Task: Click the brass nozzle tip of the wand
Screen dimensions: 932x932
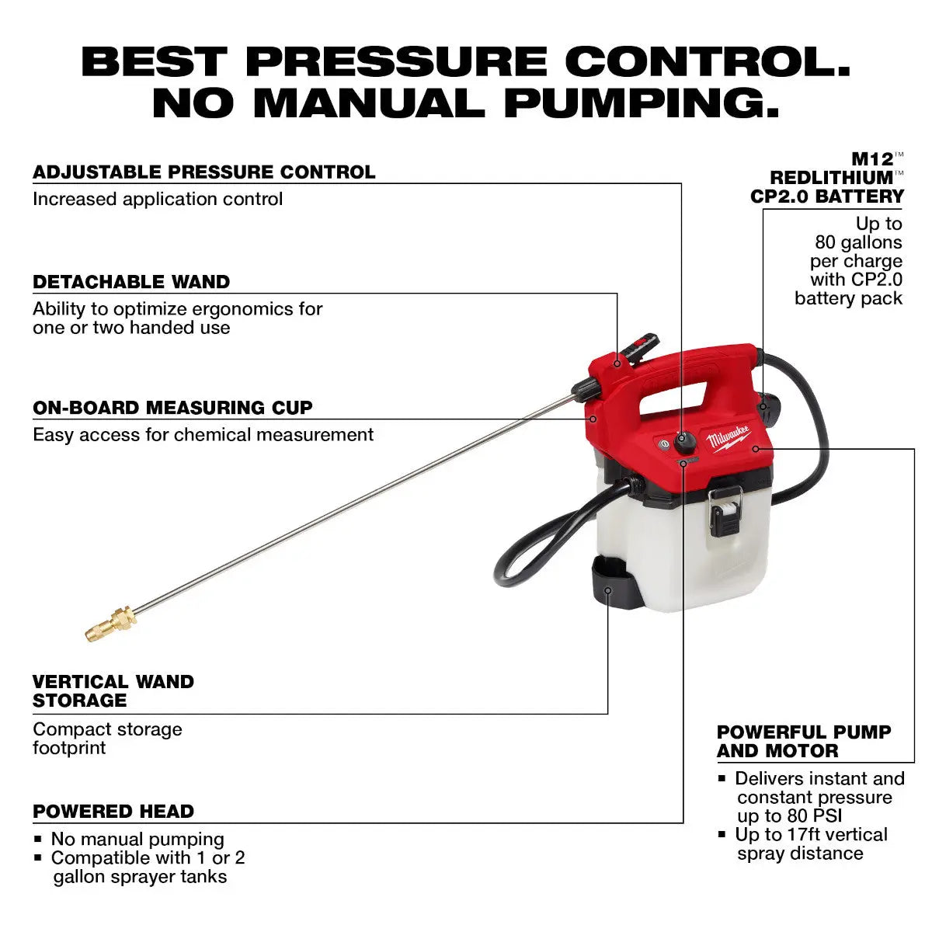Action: point(110,623)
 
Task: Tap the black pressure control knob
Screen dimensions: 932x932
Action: point(684,443)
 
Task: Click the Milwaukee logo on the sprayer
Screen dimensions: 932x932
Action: point(729,439)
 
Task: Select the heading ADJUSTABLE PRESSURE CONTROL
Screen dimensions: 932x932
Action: point(204,172)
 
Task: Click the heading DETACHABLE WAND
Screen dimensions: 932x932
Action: point(131,282)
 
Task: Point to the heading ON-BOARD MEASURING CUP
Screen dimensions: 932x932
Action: point(172,408)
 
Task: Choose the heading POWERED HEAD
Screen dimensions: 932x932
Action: point(113,812)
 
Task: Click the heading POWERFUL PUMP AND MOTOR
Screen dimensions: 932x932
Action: point(804,742)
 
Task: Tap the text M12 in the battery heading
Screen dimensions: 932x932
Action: point(872,159)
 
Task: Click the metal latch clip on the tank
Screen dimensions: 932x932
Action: point(725,509)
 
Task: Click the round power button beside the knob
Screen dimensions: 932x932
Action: point(664,445)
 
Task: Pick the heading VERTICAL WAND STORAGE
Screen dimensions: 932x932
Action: point(113,691)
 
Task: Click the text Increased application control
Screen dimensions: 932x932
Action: point(158,199)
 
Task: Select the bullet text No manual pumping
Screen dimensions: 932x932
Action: point(137,840)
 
